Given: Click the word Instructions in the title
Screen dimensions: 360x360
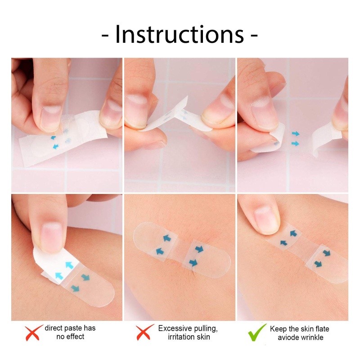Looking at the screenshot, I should [180, 35].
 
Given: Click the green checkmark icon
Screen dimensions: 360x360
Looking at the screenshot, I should [257, 332].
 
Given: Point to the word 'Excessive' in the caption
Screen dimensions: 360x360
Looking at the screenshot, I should [176, 328].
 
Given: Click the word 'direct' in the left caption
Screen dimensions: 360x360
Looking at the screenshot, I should [55, 328].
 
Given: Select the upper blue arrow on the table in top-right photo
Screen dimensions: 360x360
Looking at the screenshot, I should [295, 134].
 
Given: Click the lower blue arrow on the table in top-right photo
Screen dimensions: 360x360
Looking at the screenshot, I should [295, 144].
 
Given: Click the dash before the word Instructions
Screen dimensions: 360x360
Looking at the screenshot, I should [106, 36].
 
